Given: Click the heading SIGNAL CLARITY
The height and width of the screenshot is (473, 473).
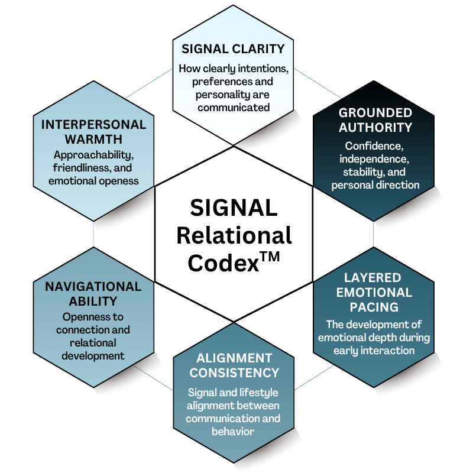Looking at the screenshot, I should coord(233,48).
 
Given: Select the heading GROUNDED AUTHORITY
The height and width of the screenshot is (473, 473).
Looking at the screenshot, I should coord(375,119).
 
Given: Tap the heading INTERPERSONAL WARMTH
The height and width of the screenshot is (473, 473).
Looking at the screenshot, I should coord(93,132).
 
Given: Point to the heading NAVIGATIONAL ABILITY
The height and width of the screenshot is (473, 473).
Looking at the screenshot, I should coord(93,294).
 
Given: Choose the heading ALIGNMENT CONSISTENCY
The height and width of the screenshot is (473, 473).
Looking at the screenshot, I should coord(234,365).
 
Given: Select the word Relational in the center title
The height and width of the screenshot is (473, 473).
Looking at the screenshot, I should coord(234,235).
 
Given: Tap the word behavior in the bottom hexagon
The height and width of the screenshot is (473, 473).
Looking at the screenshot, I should coord(234,431).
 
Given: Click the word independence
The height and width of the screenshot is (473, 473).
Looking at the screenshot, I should coord(375,159).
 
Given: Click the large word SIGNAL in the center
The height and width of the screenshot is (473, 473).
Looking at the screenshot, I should coord(234,208).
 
